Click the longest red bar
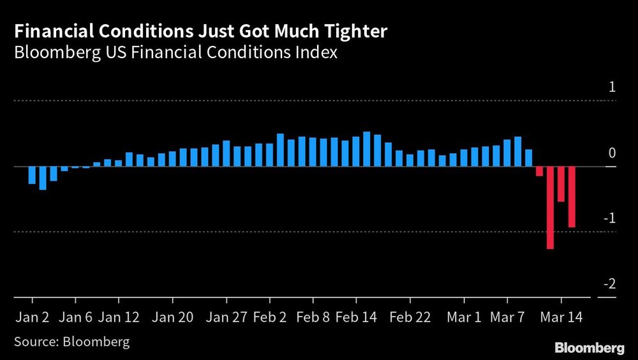[550, 208]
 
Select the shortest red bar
[539, 172]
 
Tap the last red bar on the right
[572, 197]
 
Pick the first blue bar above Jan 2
[32, 176]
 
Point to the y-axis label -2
[610, 284]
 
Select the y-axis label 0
[612, 153]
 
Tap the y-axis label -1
[610, 218]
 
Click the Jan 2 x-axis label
[32, 317]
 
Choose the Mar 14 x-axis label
[561, 317]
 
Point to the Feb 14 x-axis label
[356, 317]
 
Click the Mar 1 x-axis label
[464, 317]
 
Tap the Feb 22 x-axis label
[410, 317]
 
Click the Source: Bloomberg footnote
[71, 342]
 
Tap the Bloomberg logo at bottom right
[590, 348]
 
